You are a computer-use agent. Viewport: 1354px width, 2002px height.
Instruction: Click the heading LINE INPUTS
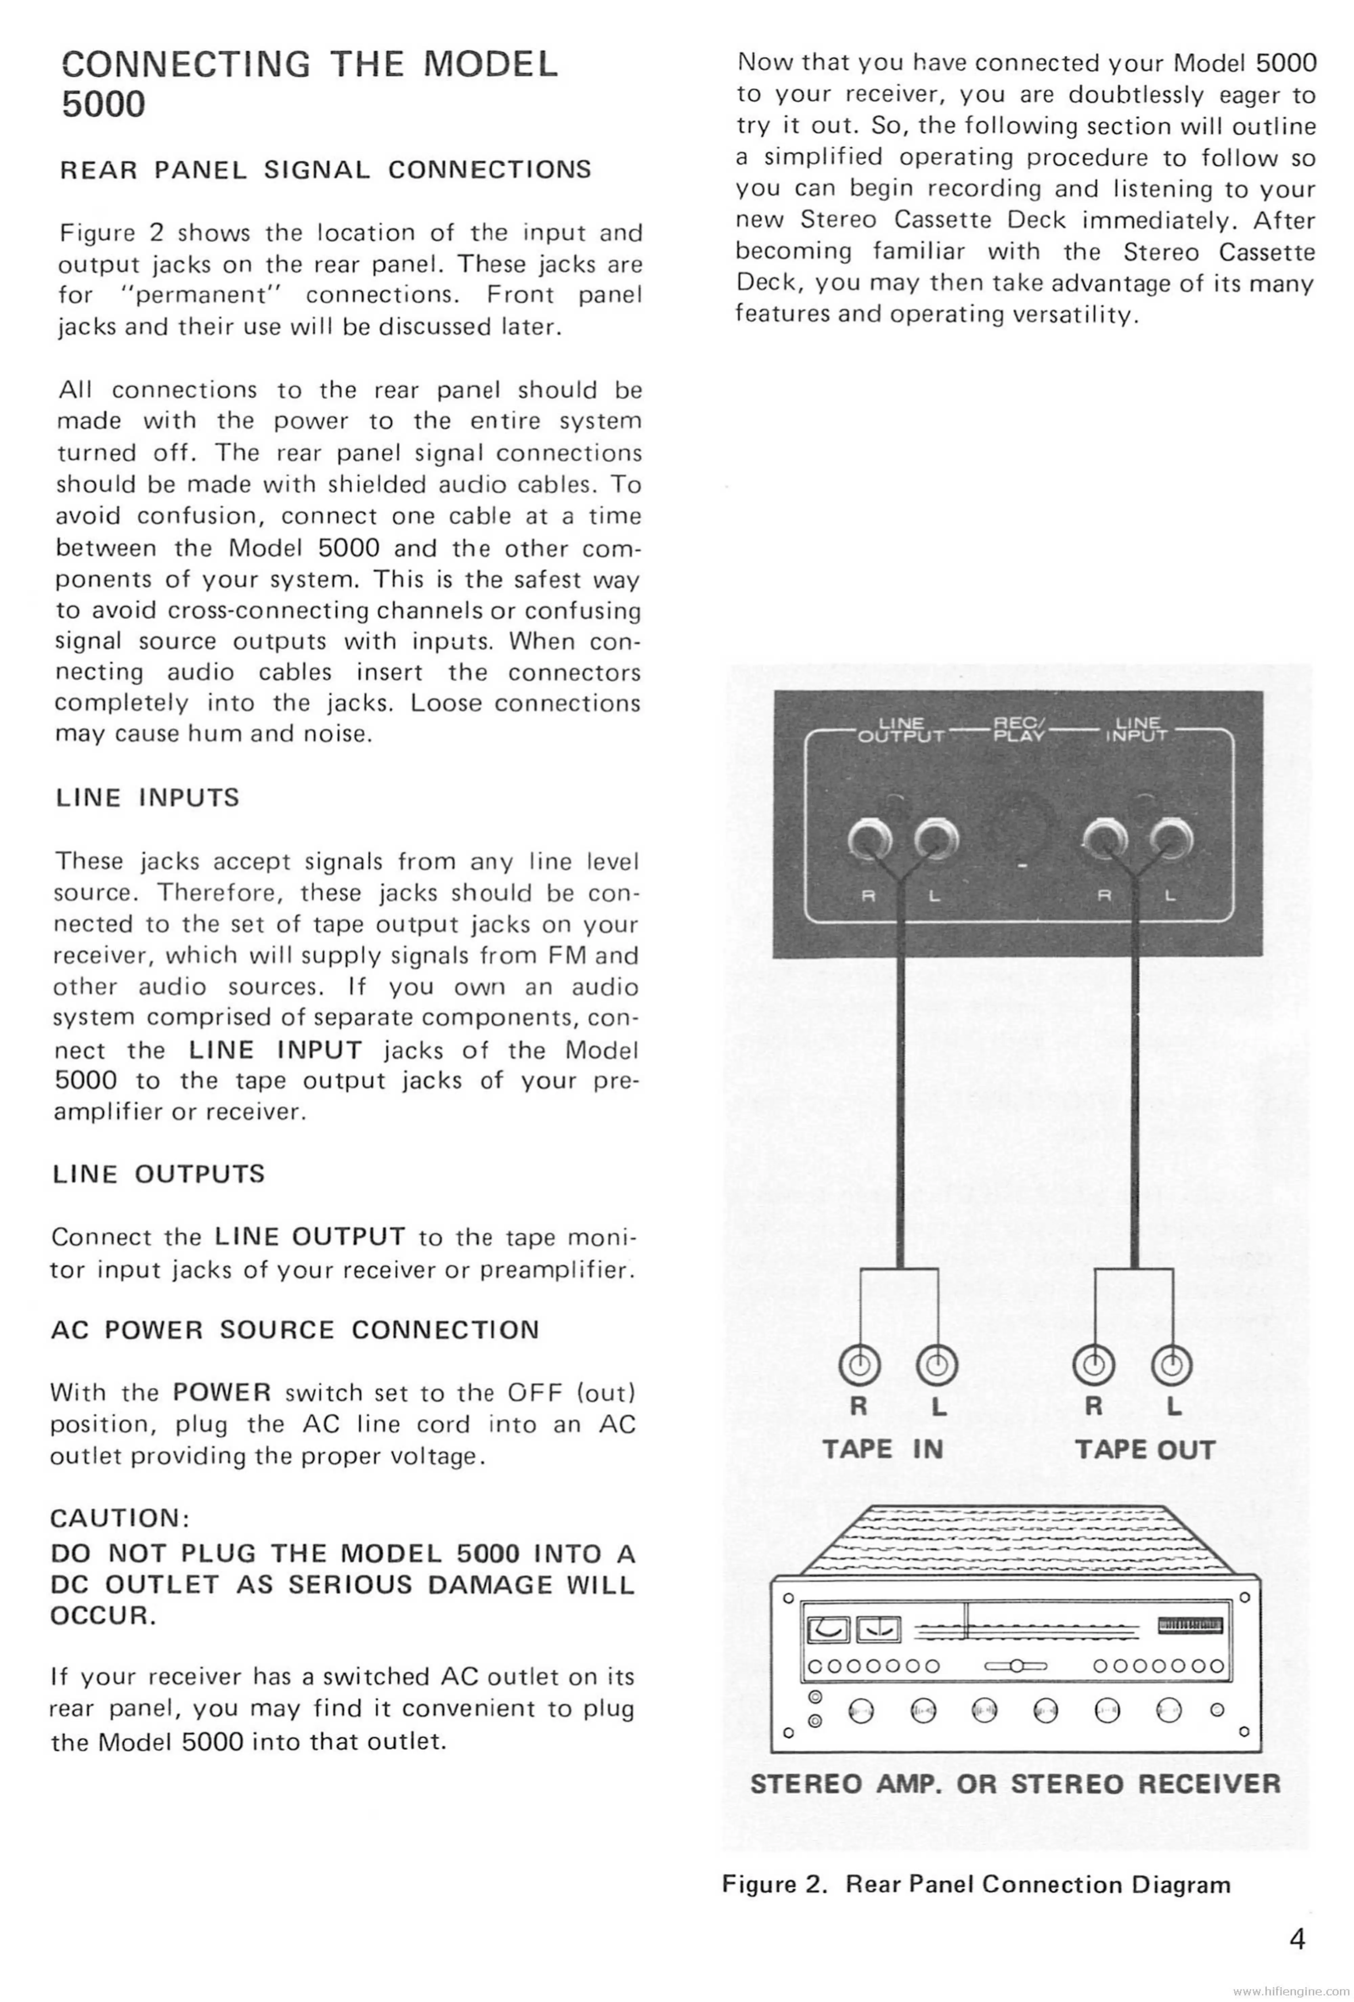tap(147, 798)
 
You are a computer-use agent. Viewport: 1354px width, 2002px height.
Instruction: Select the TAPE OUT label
tap(1145, 1450)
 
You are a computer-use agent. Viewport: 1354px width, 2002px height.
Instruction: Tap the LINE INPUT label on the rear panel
tap(1137, 730)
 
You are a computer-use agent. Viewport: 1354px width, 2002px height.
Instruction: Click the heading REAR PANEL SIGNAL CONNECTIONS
tap(326, 169)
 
